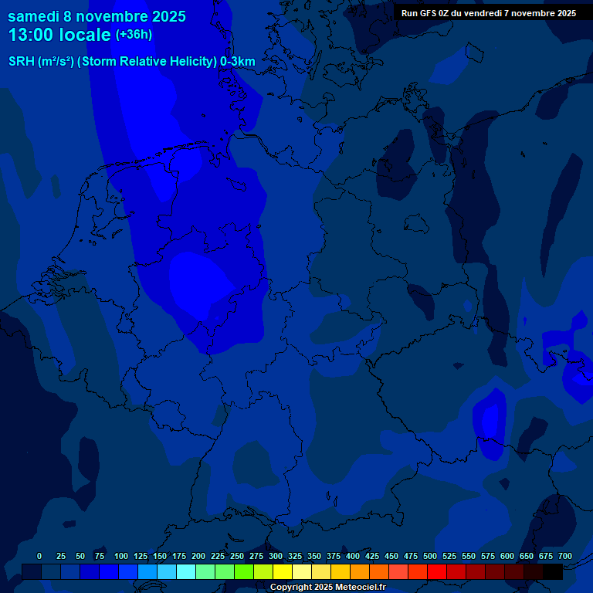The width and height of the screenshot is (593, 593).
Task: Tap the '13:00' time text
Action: [32, 36]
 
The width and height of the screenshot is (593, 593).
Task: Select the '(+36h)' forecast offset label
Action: [134, 35]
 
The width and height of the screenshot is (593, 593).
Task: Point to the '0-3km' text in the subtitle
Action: [238, 62]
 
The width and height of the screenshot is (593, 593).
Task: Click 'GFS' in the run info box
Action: [427, 13]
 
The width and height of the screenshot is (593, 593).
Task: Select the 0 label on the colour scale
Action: [39, 556]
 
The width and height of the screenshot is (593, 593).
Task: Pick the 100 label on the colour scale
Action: [121, 556]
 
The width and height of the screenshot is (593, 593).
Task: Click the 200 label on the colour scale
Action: [198, 556]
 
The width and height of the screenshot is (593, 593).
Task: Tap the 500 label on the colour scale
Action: [430, 556]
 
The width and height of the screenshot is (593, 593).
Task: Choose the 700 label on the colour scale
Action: [565, 556]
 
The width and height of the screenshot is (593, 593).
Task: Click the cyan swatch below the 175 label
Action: [185, 572]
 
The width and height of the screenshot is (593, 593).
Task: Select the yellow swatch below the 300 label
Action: [282, 572]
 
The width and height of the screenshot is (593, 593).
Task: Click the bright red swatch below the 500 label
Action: [436, 572]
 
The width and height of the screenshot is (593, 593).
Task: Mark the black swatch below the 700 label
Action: [553, 572]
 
